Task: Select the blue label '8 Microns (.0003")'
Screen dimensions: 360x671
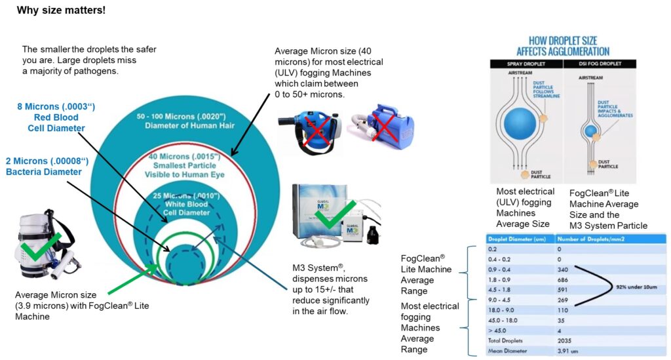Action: [56, 108]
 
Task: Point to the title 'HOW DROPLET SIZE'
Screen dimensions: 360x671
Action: [562, 39]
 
